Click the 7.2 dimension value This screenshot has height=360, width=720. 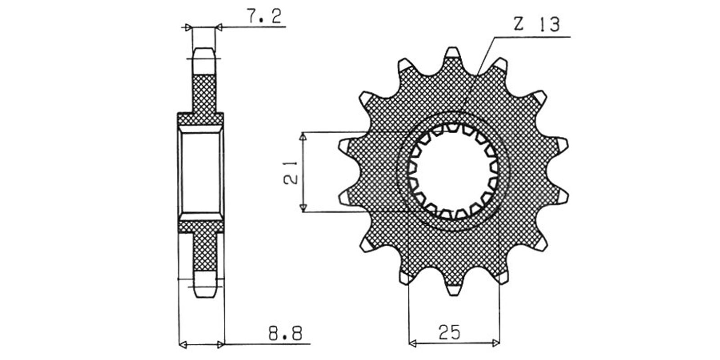tap(264, 16)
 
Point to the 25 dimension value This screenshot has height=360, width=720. tap(450, 333)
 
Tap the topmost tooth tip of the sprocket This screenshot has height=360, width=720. tap(453, 48)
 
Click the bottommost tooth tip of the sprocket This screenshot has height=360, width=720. tap(453, 295)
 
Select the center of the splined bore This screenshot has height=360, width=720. tap(453, 171)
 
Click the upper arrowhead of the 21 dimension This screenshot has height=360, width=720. tap(303, 136)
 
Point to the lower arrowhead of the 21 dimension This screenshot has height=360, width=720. tap(303, 207)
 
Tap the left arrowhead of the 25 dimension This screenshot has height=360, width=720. tap(413, 344)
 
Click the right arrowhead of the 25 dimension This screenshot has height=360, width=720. tap(495, 344)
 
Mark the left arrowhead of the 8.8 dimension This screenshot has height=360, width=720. tap(183, 345)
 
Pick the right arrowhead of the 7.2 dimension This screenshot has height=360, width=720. tap(219, 27)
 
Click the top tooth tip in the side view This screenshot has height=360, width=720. tap(204, 48)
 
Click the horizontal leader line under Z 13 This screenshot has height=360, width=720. tap(532, 37)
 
